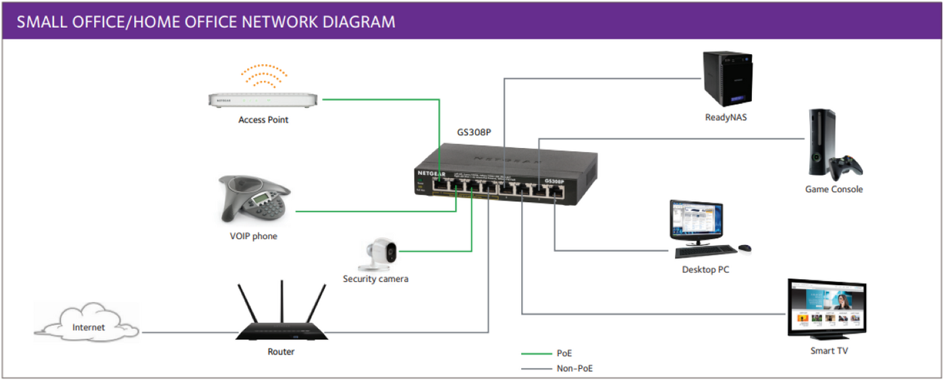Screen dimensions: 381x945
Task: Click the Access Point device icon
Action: click(263, 100)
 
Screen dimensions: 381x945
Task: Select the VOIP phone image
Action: click(253, 200)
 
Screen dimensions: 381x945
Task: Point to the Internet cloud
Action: click(88, 327)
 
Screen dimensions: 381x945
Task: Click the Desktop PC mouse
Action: click(745, 249)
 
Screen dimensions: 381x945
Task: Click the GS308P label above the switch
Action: click(474, 132)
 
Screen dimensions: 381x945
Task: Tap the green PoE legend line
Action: click(536, 353)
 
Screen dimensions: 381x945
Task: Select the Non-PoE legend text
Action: click(574, 369)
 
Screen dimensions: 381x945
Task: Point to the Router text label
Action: click(281, 352)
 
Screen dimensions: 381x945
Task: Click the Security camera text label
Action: click(375, 279)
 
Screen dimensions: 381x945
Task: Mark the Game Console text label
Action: click(834, 190)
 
